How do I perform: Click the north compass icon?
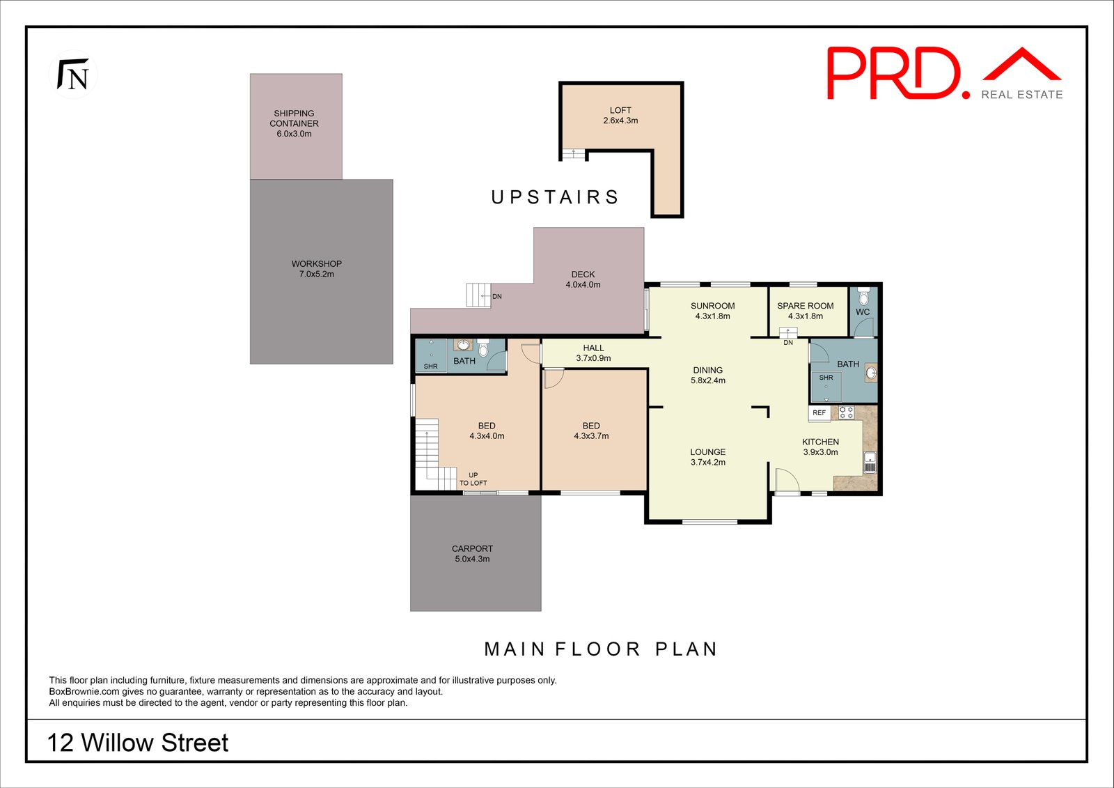(x=73, y=75)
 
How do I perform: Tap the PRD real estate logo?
(x=943, y=74)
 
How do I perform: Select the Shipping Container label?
(x=294, y=123)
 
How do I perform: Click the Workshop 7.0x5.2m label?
(x=316, y=269)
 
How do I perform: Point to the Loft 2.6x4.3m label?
(x=620, y=116)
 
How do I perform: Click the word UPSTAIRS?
(x=555, y=198)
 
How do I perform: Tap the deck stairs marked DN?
(x=479, y=295)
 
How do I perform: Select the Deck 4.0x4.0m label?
(x=583, y=279)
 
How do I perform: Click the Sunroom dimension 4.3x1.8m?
(x=712, y=316)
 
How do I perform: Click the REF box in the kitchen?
(x=819, y=413)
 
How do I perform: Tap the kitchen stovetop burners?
(x=846, y=412)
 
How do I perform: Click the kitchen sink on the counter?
(x=870, y=463)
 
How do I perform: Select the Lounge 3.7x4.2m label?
(x=707, y=457)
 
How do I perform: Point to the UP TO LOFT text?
(x=473, y=479)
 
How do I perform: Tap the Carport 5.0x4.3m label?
(x=472, y=554)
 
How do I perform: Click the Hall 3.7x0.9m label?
(x=593, y=353)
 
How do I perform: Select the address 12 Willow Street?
(x=137, y=743)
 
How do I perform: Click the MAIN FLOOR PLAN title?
(x=600, y=649)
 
